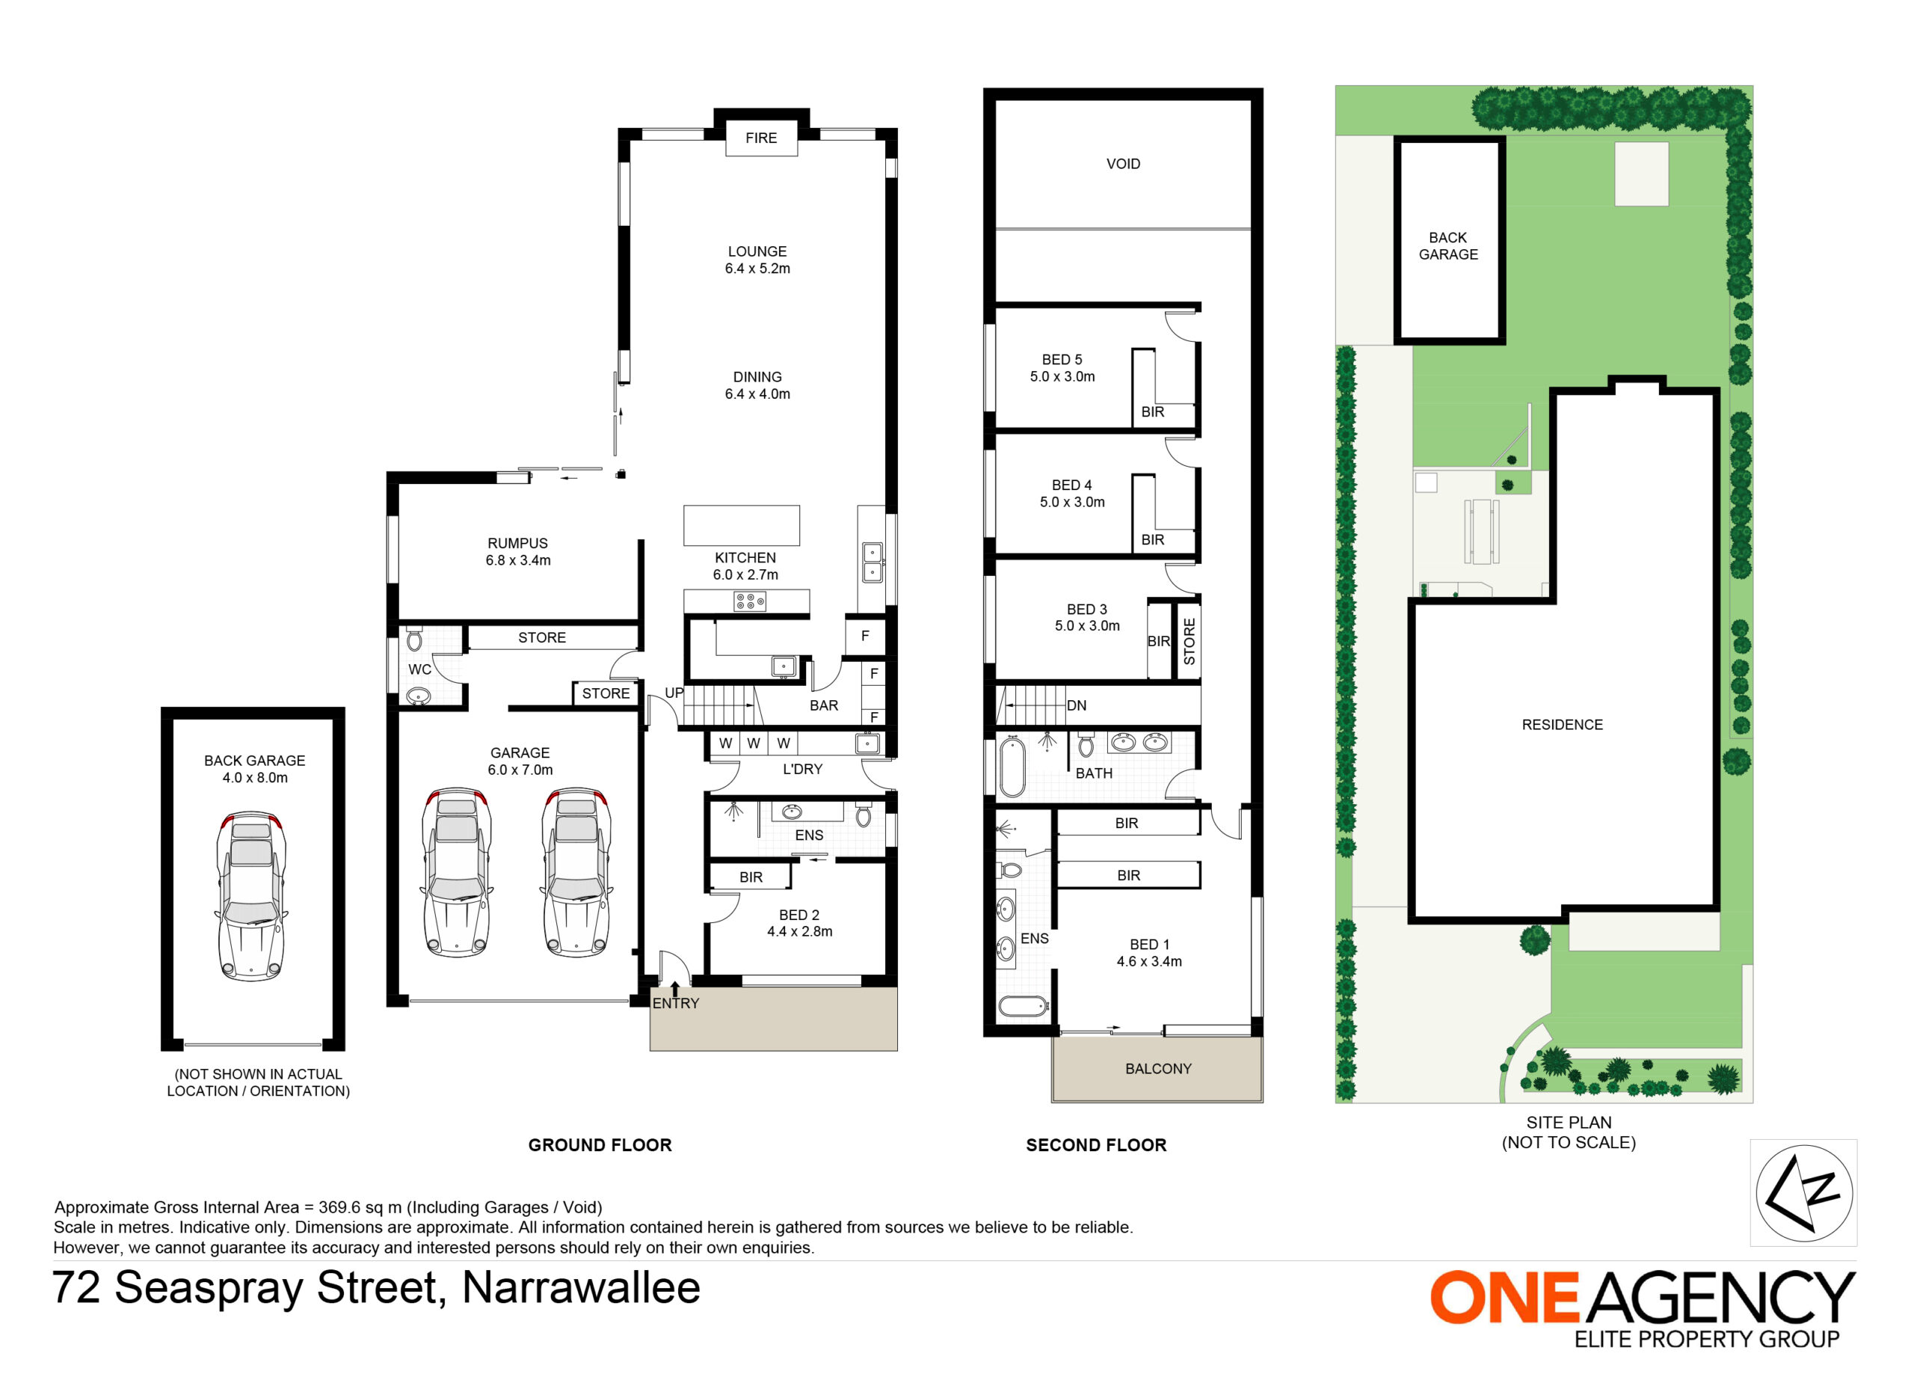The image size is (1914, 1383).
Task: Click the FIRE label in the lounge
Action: (x=760, y=138)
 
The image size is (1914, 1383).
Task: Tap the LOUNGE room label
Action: (x=757, y=251)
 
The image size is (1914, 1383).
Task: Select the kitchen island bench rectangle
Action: (x=741, y=525)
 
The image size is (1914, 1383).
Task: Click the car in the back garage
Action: (x=252, y=896)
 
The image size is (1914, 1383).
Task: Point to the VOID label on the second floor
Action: (x=1123, y=164)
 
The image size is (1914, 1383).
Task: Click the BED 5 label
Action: (x=1062, y=360)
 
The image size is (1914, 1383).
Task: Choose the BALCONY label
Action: (x=1158, y=1069)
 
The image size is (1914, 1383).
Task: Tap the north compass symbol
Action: (x=1803, y=1193)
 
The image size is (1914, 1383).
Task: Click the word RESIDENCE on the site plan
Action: (x=1562, y=725)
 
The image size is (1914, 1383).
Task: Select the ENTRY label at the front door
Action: (x=675, y=1003)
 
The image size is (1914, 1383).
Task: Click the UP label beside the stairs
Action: (x=674, y=693)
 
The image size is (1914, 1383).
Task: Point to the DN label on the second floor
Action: (x=1076, y=706)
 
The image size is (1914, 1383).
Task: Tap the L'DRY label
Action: (x=801, y=769)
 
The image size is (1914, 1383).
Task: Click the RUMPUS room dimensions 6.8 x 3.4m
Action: (x=517, y=561)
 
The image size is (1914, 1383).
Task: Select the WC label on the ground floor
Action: (x=419, y=669)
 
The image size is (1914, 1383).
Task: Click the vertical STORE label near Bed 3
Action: (x=1189, y=642)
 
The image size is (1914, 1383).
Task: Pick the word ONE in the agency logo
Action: (x=1504, y=1298)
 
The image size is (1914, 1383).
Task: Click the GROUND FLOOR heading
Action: (x=600, y=1145)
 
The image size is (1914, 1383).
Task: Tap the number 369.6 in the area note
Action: (x=342, y=1207)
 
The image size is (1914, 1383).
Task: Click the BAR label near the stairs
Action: (x=824, y=706)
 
